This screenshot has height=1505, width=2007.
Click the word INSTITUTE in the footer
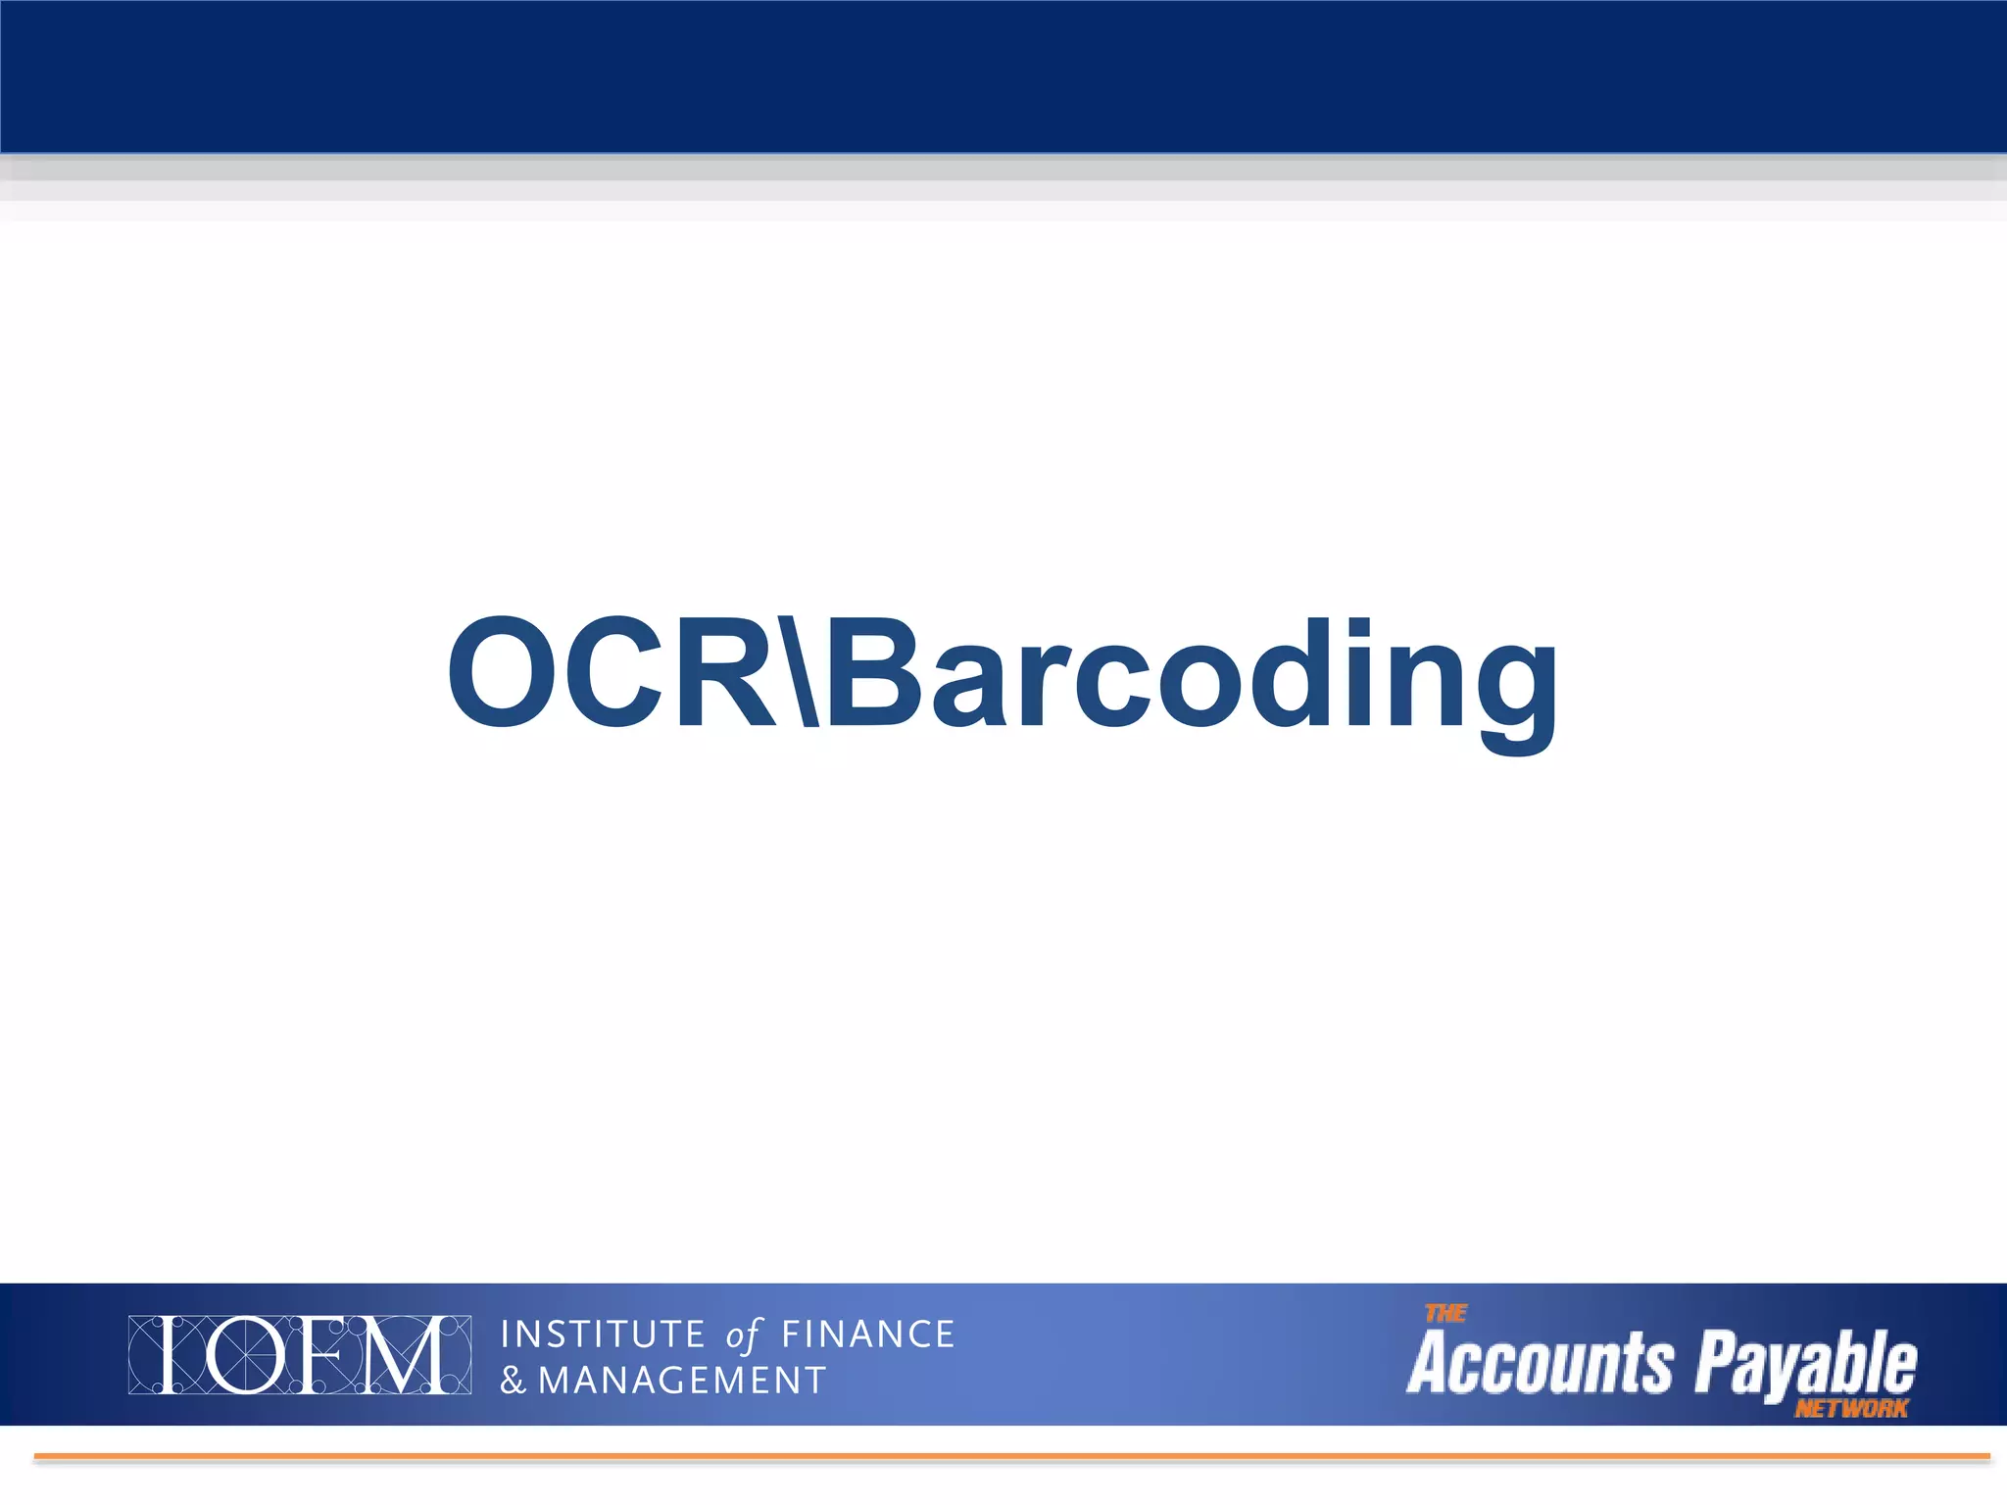coord(603,1335)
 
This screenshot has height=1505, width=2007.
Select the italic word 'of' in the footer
coord(743,1335)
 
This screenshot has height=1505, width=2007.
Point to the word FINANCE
coord(867,1335)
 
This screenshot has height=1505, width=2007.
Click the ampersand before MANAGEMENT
coord(513,1382)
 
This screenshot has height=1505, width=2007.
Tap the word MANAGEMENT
coord(682,1382)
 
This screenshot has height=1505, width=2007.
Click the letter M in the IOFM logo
coord(404,1355)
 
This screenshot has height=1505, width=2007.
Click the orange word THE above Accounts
coord(1445,1313)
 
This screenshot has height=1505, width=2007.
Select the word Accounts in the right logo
coord(1540,1363)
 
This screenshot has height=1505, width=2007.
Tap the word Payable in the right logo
coord(1806,1365)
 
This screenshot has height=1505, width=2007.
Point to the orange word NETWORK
coord(1851,1409)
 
